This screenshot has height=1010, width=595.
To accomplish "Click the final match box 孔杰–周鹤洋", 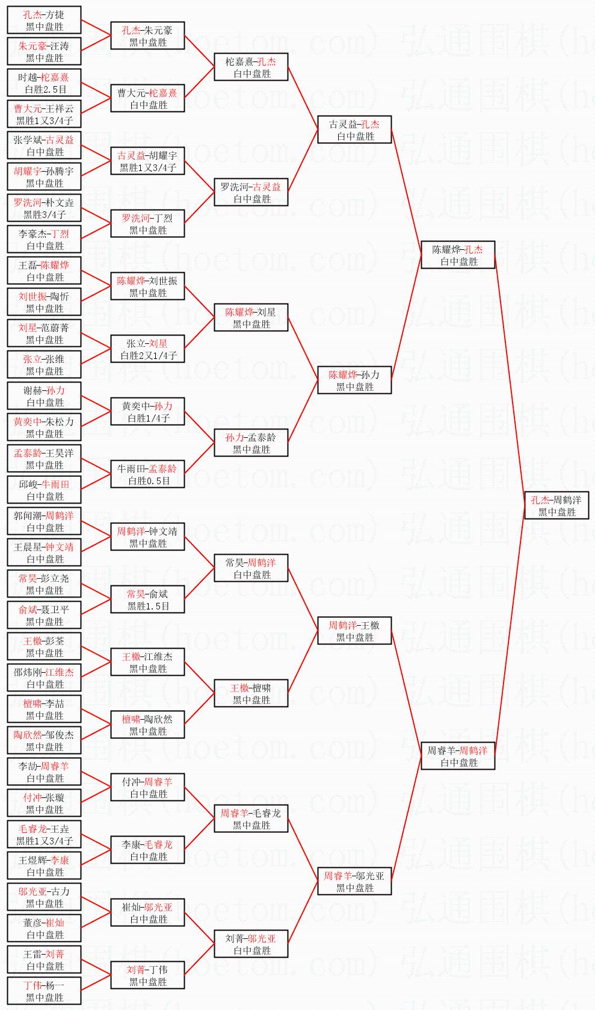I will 556,506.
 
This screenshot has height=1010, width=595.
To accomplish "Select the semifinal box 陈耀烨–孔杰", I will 458,255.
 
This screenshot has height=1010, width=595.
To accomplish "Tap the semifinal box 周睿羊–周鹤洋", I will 458,756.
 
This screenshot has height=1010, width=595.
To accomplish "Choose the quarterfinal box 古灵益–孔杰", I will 354,130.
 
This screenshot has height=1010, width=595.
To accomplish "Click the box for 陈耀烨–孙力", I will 354,381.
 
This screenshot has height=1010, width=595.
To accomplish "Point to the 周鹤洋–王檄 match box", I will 354,631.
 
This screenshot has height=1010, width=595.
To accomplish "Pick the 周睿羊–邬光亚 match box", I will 354,882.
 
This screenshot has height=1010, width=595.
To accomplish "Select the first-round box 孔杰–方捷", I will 44,20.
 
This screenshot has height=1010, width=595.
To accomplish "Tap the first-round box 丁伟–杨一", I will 44,991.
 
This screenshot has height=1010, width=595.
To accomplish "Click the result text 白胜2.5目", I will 44,89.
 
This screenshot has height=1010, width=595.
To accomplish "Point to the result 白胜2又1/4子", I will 148,356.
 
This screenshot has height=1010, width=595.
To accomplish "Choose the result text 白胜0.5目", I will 148,481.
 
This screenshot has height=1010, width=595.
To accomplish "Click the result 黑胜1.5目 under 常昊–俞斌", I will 148,606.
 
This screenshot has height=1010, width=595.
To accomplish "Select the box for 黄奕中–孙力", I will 147,412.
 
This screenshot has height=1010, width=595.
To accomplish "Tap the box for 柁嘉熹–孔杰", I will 251,67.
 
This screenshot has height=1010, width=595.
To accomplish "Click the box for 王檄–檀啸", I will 251,694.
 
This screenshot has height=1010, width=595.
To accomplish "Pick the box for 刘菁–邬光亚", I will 251,944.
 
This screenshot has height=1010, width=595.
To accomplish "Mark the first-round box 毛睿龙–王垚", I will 44,835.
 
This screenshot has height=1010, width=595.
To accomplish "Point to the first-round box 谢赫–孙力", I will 44,396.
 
